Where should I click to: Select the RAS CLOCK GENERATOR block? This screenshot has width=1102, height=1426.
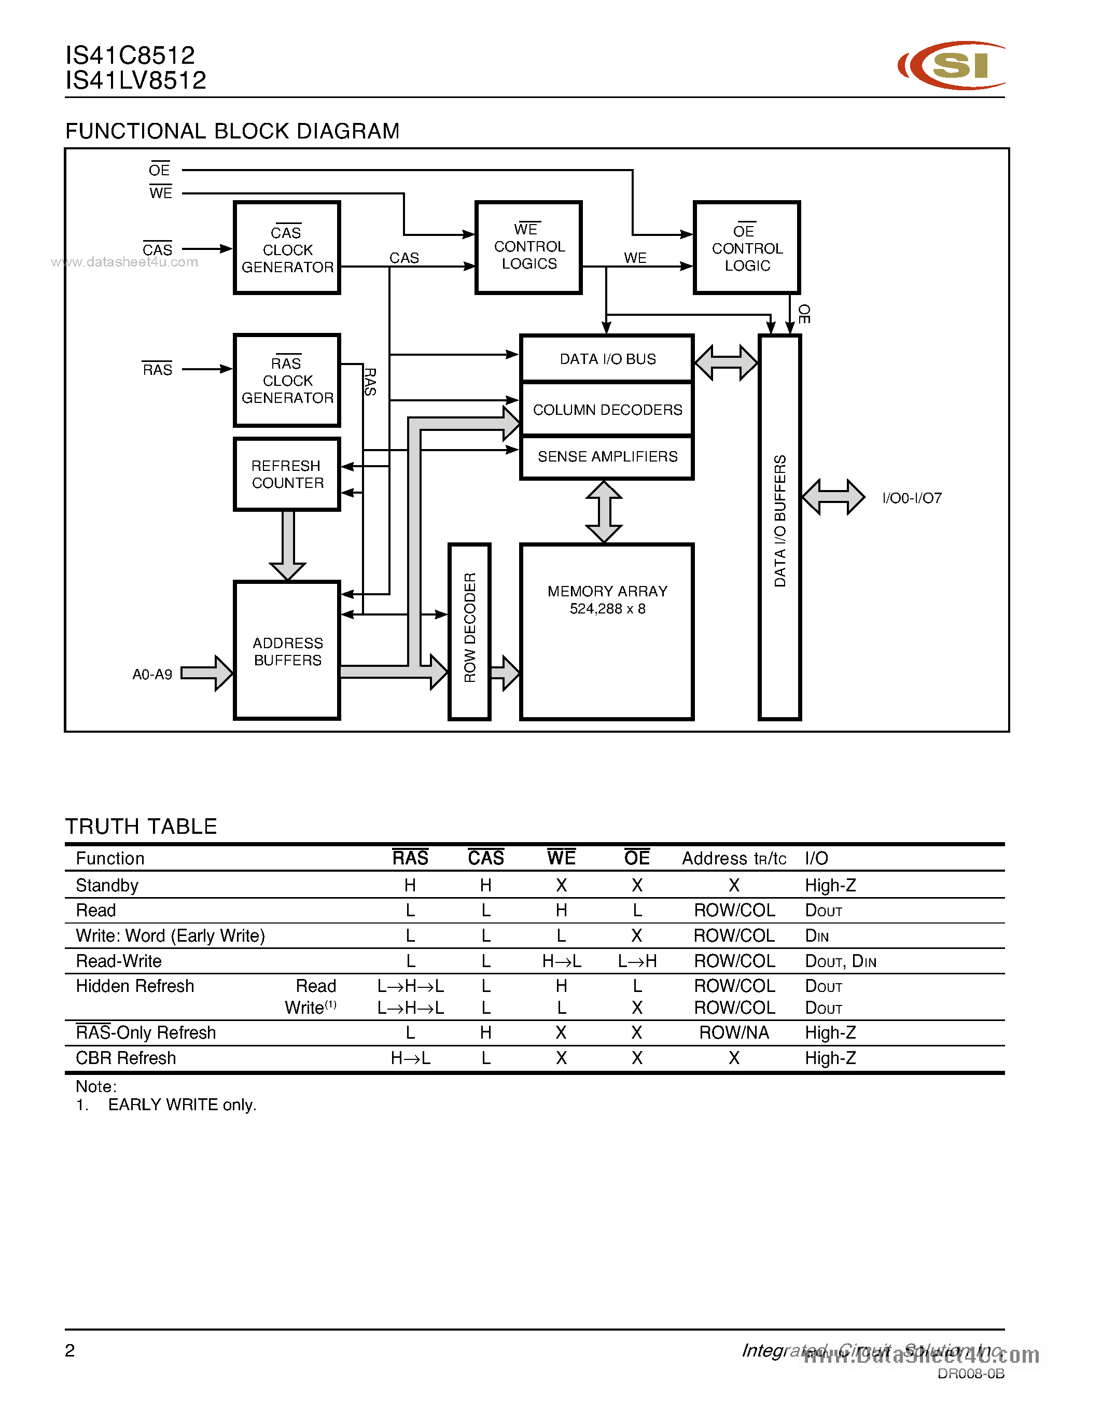click(287, 380)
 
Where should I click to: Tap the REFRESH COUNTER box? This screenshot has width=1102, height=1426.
click(287, 474)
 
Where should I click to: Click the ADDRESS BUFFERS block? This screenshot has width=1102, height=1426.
click(287, 651)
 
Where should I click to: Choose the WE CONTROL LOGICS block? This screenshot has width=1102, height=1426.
click(529, 247)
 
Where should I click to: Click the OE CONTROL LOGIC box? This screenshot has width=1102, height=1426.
click(747, 247)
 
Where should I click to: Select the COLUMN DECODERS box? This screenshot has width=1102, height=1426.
click(607, 409)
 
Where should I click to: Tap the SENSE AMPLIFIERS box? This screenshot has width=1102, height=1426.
click(607, 456)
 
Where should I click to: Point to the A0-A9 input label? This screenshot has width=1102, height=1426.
click(152, 675)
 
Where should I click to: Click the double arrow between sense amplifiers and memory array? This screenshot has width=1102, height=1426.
click(604, 511)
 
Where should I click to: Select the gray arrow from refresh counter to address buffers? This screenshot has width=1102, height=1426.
click(287, 544)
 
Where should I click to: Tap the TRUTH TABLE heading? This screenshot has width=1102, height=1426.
click(141, 827)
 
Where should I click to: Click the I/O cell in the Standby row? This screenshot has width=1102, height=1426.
click(830, 885)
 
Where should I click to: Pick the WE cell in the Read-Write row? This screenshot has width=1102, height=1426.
click(562, 961)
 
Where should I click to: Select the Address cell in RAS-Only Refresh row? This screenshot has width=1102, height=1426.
click(734, 1033)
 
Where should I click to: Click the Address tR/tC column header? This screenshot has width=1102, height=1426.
click(734, 859)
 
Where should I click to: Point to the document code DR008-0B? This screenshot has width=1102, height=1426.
click(970, 1374)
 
